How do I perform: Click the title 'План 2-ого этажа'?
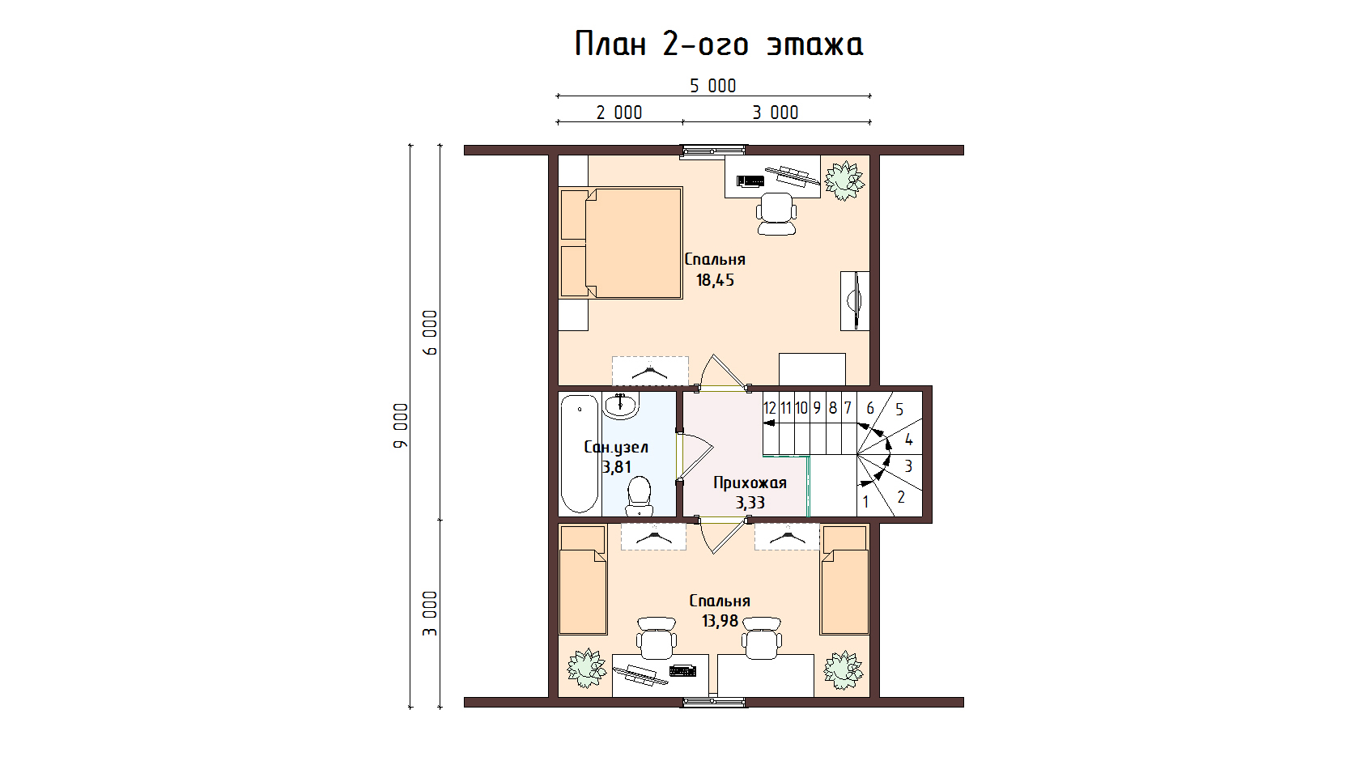pyautogui.click(x=719, y=45)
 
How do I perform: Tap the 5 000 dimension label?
pyautogui.click(x=712, y=86)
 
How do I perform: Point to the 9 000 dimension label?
pyautogui.click(x=401, y=426)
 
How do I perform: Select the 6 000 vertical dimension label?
pyautogui.click(x=430, y=333)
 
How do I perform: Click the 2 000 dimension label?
pyautogui.click(x=619, y=113)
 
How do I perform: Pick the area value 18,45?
pyautogui.click(x=716, y=280)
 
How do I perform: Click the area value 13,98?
pyautogui.click(x=720, y=621)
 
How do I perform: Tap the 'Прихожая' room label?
pyautogui.click(x=750, y=482)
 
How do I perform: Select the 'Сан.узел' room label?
pyautogui.click(x=615, y=448)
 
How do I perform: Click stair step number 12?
pyautogui.click(x=770, y=408)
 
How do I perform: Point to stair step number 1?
pyautogui.click(x=866, y=502)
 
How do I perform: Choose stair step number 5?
pyautogui.click(x=900, y=410)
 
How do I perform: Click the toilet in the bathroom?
pyautogui.click(x=638, y=495)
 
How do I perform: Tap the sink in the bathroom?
pyautogui.click(x=620, y=406)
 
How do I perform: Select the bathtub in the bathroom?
pyautogui.click(x=580, y=454)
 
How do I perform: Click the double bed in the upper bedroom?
pyautogui.click(x=620, y=243)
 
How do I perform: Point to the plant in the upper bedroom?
pyautogui.click(x=844, y=181)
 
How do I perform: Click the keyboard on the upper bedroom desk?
pyautogui.click(x=750, y=181)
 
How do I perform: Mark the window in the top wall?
pyautogui.click(x=712, y=151)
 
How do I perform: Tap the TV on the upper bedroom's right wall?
pyautogui.click(x=855, y=300)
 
